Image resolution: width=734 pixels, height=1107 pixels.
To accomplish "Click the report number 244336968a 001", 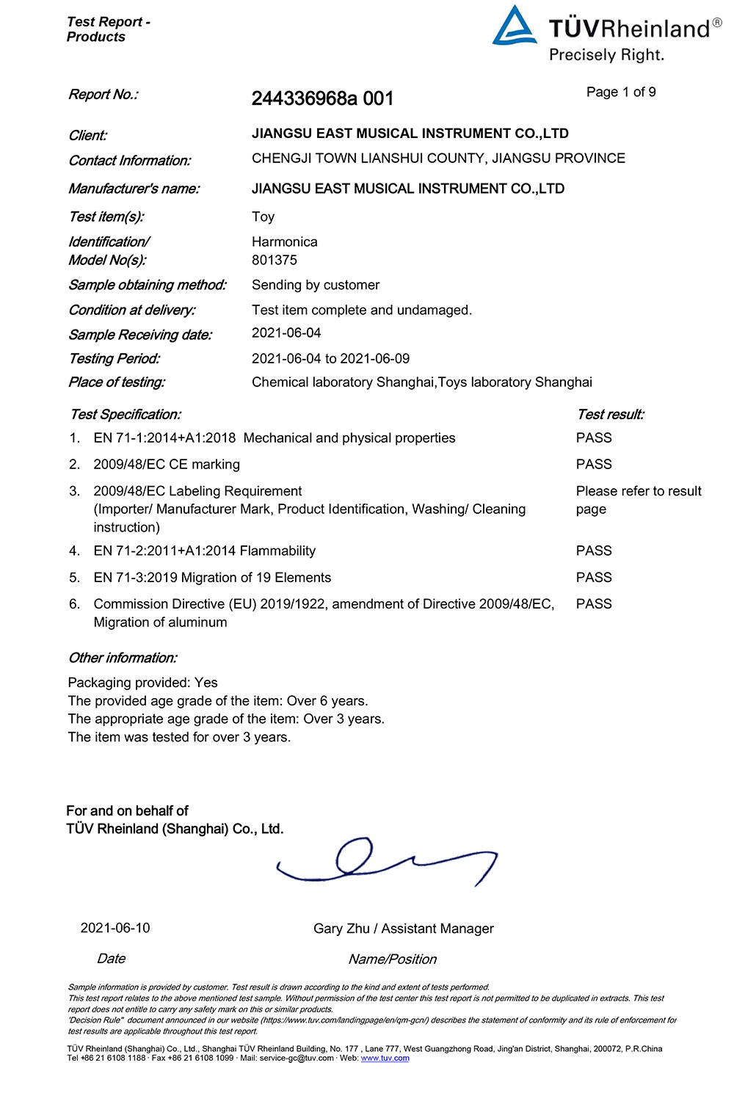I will [x=322, y=98].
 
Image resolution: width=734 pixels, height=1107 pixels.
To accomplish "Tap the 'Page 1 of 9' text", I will [x=621, y=92].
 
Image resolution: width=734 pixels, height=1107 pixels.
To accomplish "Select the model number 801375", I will [x=275, y=260].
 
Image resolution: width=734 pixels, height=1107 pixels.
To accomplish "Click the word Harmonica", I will [x=285, y=242].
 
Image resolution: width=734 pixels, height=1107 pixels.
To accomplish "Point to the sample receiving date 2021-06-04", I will [x=286, y=333].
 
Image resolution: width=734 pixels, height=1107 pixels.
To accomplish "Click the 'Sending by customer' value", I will [x=316, y=285].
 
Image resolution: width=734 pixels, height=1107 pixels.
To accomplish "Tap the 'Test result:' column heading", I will [x=611, y=414].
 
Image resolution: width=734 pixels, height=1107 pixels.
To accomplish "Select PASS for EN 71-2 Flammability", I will [x=594, y=551].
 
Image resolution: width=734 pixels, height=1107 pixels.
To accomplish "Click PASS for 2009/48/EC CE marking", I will [x=594, y=464].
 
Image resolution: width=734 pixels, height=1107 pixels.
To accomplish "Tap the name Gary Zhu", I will [x=341, y=929].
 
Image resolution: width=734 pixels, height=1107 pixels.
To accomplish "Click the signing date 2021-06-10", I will [x=115, y=928].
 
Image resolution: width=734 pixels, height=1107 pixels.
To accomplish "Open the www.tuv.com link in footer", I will [x=385, y=1058].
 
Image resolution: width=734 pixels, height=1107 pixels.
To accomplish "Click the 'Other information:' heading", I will [x=123, y=658].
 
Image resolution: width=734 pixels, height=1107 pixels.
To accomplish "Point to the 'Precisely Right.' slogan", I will [x=606, y=55].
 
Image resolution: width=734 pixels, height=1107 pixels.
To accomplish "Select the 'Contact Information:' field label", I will [x=130, y=161].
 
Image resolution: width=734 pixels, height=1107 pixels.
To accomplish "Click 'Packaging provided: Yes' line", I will [x=143, y=683].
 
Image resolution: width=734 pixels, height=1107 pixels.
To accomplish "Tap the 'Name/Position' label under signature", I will [x=392, y=959].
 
